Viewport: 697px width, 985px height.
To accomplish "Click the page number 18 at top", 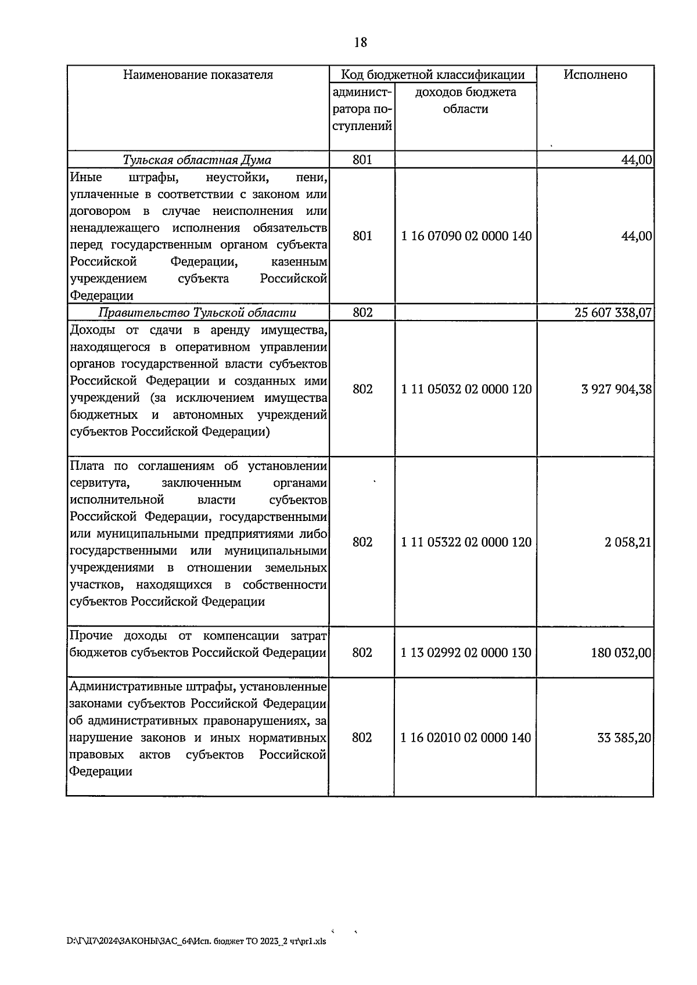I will [360, 42].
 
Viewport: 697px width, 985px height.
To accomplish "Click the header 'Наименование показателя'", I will [198, 75].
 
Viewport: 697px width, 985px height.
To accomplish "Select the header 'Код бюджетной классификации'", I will [433, 75].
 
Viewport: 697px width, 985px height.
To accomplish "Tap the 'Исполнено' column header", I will [595, 75].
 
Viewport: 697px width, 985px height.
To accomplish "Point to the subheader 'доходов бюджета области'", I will [465, 100].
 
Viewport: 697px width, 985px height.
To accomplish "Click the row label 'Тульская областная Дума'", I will [197, 160].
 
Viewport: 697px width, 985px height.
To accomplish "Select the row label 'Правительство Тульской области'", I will [197, 313].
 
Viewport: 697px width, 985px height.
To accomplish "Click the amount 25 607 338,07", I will [613, 313].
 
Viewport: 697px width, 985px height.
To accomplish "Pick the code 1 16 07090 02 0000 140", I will [466, 236].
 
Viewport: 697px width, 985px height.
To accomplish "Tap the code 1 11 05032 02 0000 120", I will [466, 389].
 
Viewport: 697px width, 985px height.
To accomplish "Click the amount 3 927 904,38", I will [616, 389].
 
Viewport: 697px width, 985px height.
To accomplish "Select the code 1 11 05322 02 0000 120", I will [466, 542].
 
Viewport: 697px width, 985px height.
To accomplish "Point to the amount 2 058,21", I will [627, 542].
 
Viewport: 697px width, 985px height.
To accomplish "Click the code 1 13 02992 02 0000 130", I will [466, 653].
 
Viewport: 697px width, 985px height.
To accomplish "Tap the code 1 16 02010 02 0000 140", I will [466, 738].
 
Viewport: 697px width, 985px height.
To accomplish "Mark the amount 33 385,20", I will [624, 738].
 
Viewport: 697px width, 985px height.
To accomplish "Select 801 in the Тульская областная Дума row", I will [362, 160].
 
